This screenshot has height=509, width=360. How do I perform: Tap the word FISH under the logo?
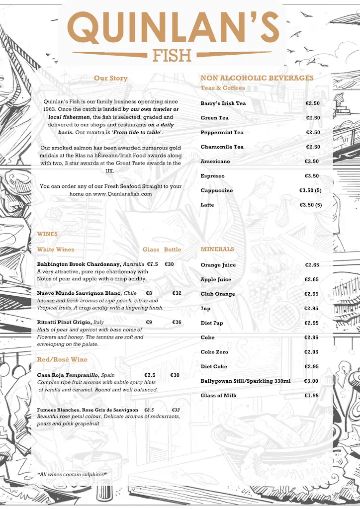[173, 55]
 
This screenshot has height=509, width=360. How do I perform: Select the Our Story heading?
[110, 78]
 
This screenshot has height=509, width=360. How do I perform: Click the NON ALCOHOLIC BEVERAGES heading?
[257, 78]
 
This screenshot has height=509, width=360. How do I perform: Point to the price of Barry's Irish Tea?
[312, 103]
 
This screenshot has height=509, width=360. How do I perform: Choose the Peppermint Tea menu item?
[222, 133]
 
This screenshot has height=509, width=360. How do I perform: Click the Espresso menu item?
[212, 176]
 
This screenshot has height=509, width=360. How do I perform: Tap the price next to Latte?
[310, 205]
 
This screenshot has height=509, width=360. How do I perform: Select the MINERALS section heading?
[217, 249]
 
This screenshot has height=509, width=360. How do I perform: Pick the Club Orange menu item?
[218, 294]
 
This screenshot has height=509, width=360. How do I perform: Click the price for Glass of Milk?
[312, 396]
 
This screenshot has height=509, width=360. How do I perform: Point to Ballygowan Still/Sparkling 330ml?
[245, 381]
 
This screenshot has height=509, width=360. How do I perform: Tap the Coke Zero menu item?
[214, 352]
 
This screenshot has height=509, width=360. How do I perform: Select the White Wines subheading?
[56, 250]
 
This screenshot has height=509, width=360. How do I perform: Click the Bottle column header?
[173, 250]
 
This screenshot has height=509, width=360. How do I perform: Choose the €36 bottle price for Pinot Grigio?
[177, 322]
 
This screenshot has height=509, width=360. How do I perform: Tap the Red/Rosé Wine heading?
[62, 359]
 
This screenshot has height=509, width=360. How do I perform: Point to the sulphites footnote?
[72, 475]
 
